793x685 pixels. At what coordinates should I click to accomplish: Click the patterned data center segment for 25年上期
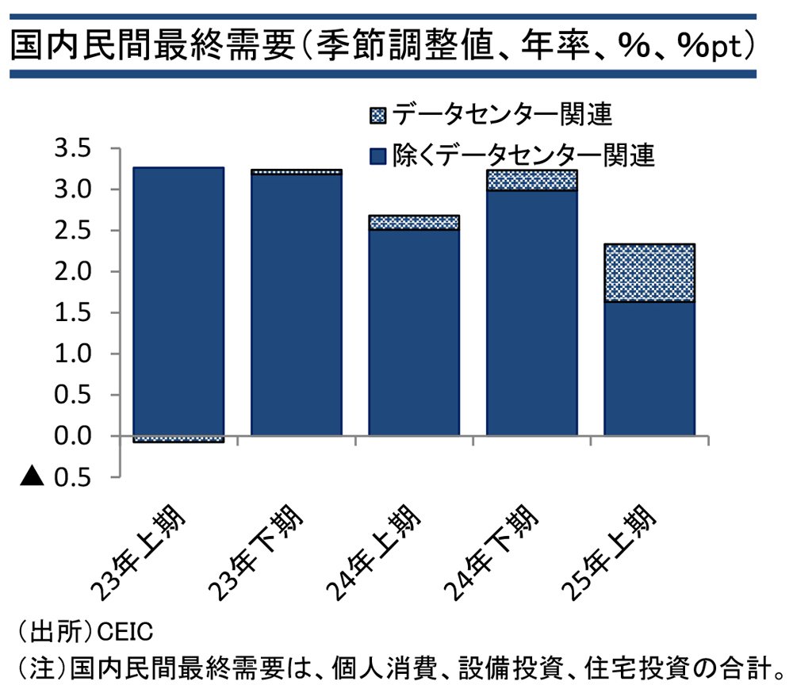point(649,273)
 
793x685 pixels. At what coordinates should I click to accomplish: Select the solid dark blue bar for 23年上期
point(178,301)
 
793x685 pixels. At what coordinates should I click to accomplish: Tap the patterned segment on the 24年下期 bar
point(531,180)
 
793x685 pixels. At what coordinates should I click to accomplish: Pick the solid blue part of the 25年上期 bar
point(649,368)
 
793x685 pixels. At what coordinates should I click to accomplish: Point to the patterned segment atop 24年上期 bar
point(414,222)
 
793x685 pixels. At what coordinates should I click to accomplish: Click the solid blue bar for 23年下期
point(297,304)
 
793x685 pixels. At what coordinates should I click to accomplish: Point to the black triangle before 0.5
point(32,476)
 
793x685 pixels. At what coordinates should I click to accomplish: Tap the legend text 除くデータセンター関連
point(524,155)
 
